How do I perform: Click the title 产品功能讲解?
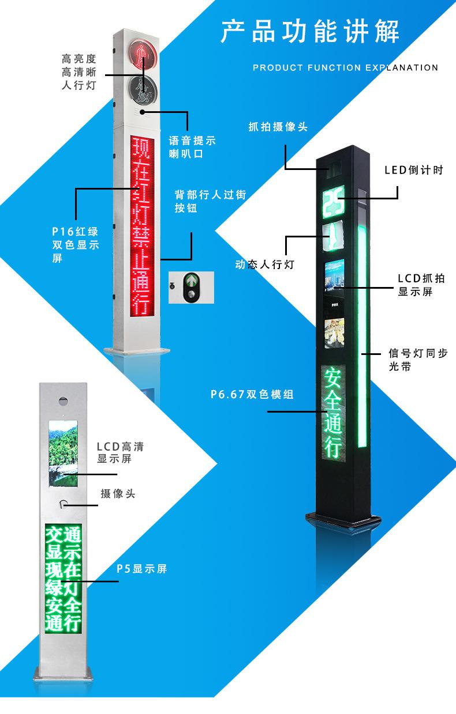(x=310, y=31)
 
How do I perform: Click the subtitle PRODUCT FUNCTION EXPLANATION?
(x=345, y=68)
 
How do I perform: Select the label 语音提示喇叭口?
(x=192, y=147)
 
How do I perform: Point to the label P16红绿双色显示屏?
(x=75, y=244)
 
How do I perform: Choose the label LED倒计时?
(x=414, y=170)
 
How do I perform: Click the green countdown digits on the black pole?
(x=333, y=202)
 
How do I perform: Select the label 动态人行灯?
(x=265, y=265)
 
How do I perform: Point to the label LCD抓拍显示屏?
(x=421, y=285)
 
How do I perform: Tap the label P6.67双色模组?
(x=252, y=395)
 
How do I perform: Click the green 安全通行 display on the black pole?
(x=332, y=411)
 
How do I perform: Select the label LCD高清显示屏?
(x=120, y=452)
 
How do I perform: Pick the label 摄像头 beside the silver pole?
(x=118, y=494)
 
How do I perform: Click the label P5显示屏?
(x=141, y=569)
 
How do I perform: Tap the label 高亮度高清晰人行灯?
(x=79, y=72)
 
